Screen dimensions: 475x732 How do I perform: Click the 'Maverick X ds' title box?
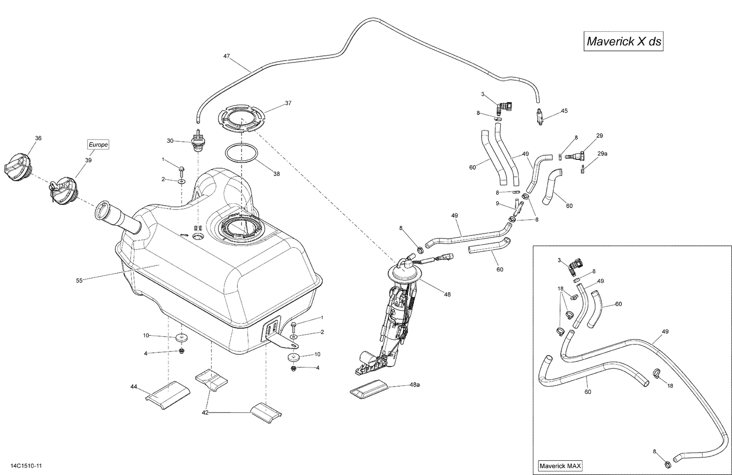point(624,42)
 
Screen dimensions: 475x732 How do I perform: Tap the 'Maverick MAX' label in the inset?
point(560,466)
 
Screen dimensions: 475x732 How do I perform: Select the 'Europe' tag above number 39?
point(98,145)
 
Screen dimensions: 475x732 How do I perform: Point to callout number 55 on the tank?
point(79,281)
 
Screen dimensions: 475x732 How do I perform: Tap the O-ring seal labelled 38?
point(242,152)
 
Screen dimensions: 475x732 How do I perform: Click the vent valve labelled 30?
point(198,141)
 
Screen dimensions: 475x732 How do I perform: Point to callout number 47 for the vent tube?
point(226,56)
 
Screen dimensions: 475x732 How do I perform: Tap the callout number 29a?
point(602,153)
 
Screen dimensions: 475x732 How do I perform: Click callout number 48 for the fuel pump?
point(447,294)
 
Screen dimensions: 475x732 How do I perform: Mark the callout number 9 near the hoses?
point(497,203)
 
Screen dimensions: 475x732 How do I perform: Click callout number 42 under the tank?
point(205,412)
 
